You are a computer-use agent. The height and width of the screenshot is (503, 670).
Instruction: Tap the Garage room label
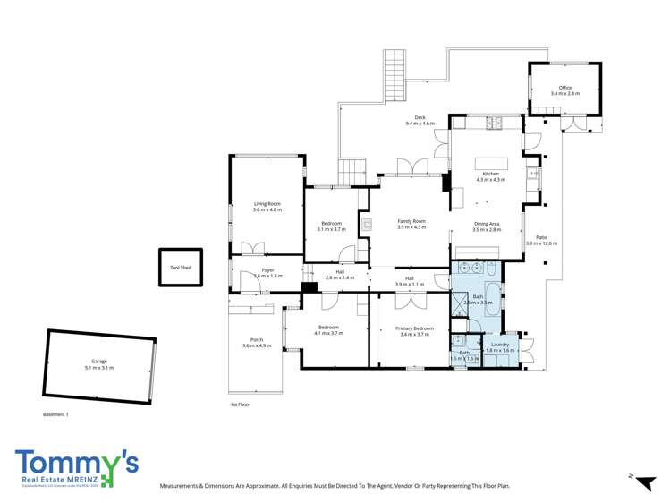point(99,362)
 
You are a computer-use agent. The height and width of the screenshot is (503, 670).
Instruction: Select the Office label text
point(564,88)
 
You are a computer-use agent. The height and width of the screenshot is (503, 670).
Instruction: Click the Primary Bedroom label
point(414,328)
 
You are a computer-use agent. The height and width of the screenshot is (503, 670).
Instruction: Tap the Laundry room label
point(501,345)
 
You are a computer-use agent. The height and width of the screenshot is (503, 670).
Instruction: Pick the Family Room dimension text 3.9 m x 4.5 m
point(411,227)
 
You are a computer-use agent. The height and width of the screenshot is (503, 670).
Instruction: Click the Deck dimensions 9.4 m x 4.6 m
point(420,123)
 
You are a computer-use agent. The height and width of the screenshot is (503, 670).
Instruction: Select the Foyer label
point(267,269)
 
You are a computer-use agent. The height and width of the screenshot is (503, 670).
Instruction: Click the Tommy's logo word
point(76,462)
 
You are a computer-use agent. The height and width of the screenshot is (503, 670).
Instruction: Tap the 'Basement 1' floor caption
point(55,414)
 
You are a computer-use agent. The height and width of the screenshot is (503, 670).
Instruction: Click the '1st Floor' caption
point(240,405)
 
